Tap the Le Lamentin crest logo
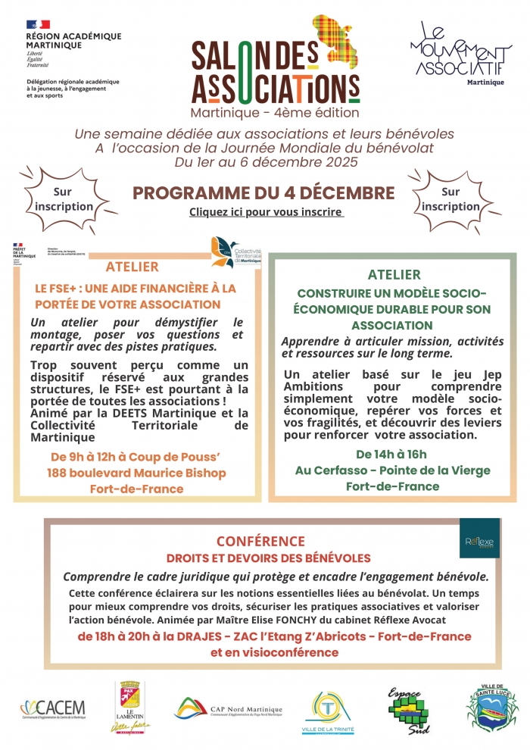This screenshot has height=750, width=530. (133, 706)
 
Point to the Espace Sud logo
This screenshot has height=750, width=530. (409, 709)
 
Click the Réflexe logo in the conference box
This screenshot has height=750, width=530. (479, 539)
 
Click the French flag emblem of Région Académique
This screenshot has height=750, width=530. (38, 25)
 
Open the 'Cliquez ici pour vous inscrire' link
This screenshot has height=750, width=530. (267, 212)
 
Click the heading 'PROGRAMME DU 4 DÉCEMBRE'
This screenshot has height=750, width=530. (263, 192)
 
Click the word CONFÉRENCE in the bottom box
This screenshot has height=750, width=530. (260, 541)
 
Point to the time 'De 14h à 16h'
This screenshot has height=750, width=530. (391, 455)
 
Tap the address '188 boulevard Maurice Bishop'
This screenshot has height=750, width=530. (138, 473)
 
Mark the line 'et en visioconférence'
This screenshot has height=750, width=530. (274, 652)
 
